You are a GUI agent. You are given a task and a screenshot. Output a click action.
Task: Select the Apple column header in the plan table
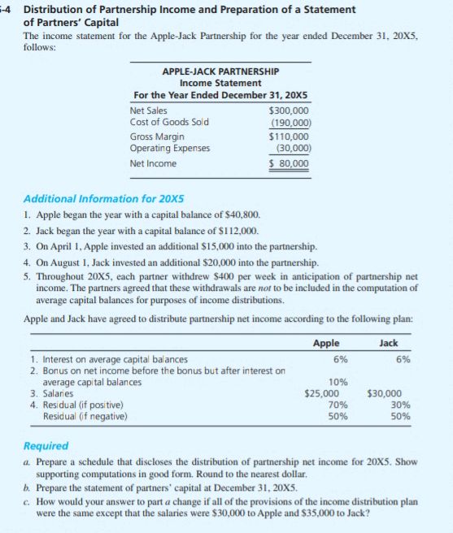(x=326, y=343)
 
